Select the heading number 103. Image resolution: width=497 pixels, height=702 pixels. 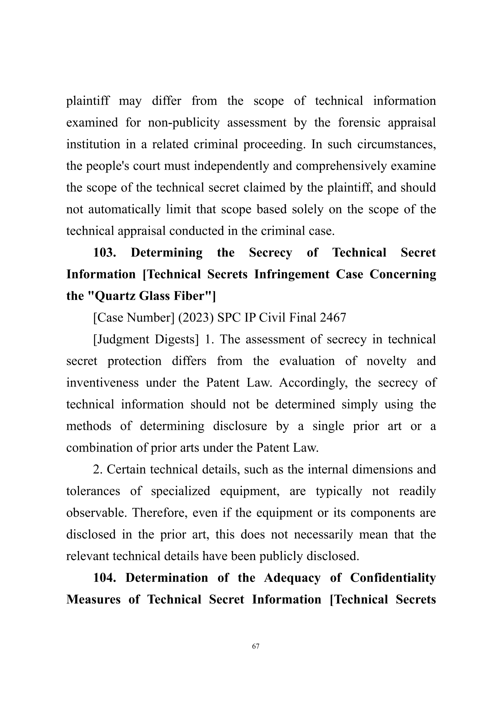point(104,253)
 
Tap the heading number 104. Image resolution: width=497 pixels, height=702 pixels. point(104,578)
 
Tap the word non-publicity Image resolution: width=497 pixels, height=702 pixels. point(184,123)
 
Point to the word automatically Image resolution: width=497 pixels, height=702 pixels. point(124,209)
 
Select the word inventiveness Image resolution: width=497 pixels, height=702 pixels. point(102,383)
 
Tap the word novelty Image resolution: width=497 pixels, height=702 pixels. point(386,361)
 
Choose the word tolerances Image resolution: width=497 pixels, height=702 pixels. point(93,491)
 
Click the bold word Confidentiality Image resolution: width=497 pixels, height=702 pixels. point(393,578)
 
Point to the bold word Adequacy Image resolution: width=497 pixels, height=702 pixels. point(292,578)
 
